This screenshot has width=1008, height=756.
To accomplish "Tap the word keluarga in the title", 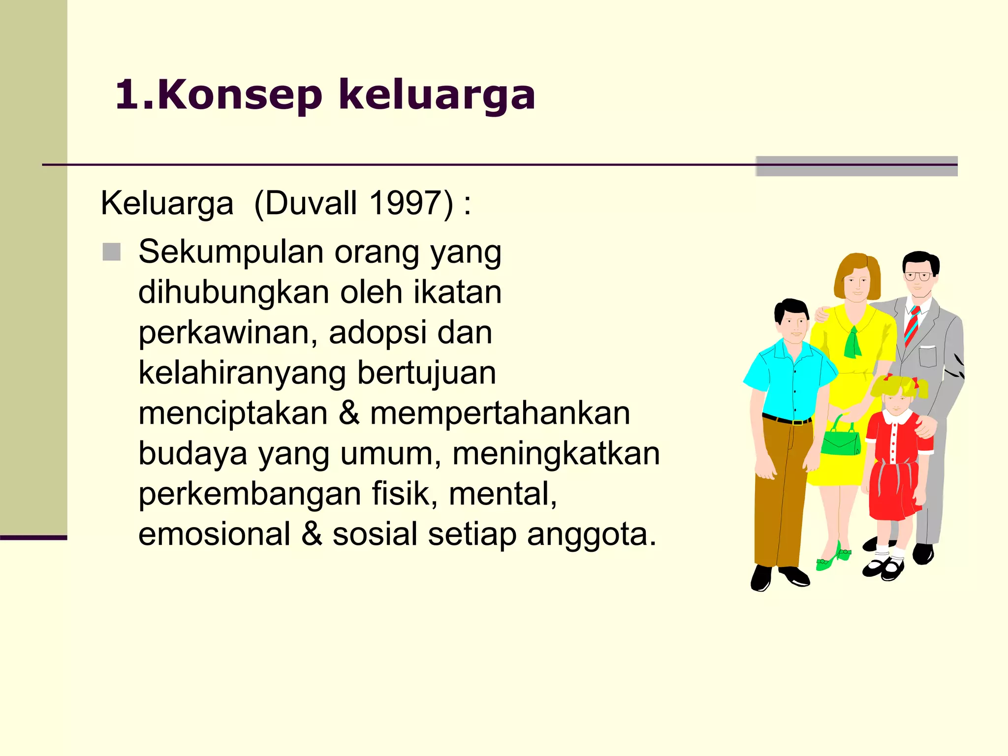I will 437,96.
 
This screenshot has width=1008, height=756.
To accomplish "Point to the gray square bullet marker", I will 112,252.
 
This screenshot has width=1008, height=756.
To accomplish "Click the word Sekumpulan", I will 231,252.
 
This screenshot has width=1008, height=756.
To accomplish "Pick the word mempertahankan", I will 500,413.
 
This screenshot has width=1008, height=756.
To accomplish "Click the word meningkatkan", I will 556,454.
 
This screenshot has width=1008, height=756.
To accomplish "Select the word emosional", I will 215,535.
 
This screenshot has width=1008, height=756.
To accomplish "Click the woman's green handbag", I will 841,440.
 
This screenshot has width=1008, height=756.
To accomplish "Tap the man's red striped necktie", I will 912,326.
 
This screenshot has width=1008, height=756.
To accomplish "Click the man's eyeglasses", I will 917,276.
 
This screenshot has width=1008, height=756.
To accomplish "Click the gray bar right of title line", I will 856,166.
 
